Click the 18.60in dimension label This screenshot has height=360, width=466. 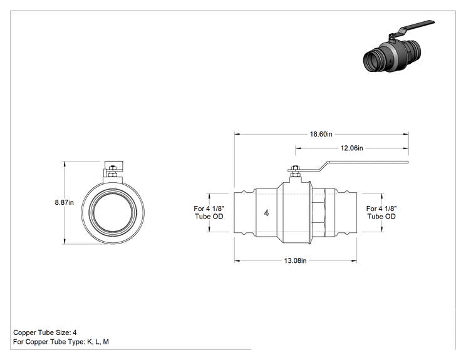[x=321, y=134]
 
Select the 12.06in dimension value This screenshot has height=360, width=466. [x=351, y=148]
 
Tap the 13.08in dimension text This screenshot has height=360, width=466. [x=295, y=261]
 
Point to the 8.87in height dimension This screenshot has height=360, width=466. [x=64, y=203]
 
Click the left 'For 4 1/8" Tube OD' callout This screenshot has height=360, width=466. [x=209, y=212]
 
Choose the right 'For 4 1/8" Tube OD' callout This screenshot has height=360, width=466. [x=381, y=212]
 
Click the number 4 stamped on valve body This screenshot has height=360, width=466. [x=266, y=213]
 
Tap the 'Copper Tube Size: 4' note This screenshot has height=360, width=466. [x=45, y=332]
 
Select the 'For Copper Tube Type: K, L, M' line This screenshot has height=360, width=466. [x=61, y=342]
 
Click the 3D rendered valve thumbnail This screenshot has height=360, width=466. [x=398, y=46]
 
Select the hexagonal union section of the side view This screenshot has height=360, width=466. [x=319, y=213]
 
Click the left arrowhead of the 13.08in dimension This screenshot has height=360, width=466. [x=237, y=261]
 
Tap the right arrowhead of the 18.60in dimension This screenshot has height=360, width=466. [x=406, y=134]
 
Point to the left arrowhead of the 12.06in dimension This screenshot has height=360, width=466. [x=298, y=148]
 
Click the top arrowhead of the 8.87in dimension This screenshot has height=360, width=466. [x=64, y=164]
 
